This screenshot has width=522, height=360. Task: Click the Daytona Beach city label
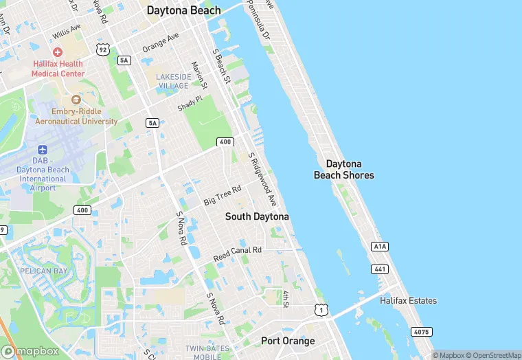[x=184, y=10]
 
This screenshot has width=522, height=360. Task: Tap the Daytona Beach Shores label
[x=344, y=169]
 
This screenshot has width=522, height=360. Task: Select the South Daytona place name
[x=258, y=216]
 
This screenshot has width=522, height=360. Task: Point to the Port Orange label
[x=288, y=341]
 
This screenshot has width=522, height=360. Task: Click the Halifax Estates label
[x=408, y=301]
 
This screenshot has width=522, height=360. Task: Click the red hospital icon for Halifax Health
[x=58, y=52]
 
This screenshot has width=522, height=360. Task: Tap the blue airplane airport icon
[x=43, y=150]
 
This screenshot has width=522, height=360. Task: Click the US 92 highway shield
[x=103, y=49]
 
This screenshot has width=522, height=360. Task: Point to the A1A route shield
[x=379, y=246]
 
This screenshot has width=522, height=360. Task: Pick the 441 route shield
[x=379, y=268]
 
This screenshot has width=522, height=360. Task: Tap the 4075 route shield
[x=422, y=332]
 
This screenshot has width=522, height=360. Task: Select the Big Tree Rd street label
[x=223, y=195]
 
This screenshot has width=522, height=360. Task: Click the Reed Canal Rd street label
[x=238, y=254]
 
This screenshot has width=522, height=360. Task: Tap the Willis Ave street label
[x=66, y=32]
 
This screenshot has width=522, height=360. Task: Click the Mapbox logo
[x=30, y=351]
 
